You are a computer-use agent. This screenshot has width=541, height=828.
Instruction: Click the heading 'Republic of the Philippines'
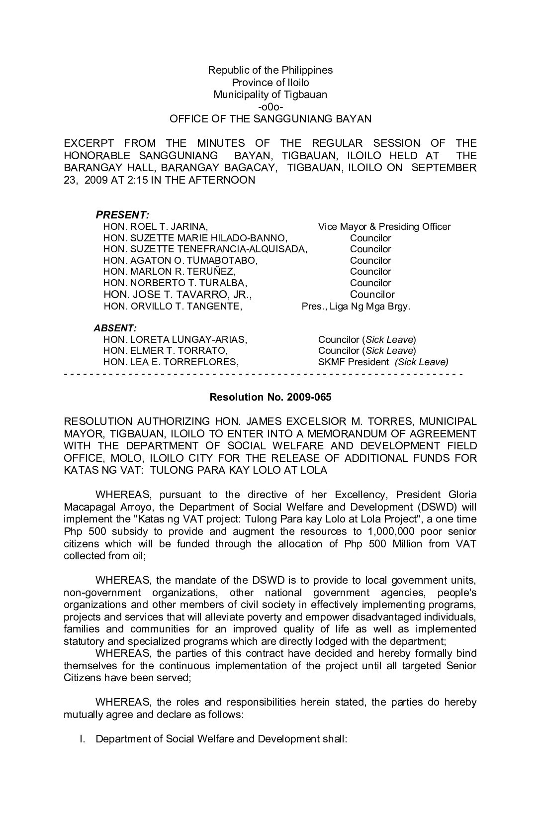tap(270, 70)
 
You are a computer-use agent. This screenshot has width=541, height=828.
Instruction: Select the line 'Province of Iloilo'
tap(270, 83)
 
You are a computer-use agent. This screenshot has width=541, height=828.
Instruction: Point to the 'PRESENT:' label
tap(122, 215)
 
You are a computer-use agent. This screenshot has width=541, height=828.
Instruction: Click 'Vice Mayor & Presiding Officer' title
tap(384, 227)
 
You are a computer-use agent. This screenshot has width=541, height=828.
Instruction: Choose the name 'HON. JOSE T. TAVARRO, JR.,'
tap(178, 295)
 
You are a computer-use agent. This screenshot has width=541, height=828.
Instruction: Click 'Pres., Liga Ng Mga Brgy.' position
tap(356, 307)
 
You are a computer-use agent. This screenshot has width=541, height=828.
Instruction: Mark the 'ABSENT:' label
tap(115, 328)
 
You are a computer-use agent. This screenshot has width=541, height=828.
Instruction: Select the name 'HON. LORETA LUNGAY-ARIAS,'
tap(175, 340)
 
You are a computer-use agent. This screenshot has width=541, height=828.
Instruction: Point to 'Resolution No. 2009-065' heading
tap(270, 397)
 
